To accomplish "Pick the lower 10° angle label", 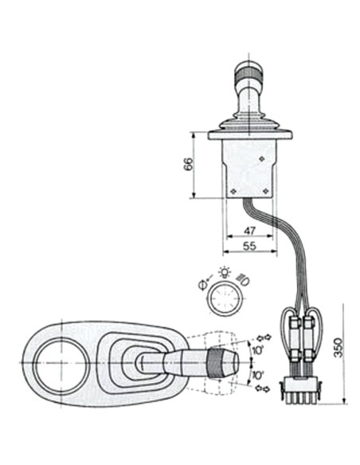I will point(256,374).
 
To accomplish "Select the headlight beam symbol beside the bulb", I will point(242,279).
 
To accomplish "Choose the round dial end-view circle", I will point(222,302).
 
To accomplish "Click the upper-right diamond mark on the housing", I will point(263,159).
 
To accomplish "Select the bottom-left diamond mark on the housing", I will point(233,191).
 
